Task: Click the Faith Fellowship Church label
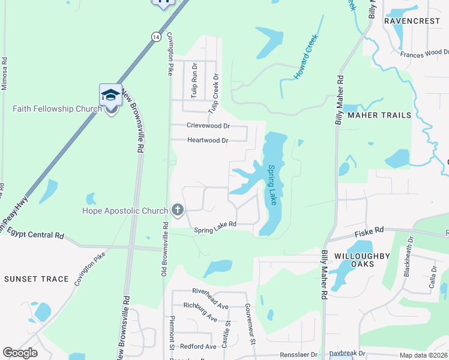click(58, 109)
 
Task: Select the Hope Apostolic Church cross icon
click(177, 209)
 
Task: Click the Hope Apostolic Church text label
click(125, 211)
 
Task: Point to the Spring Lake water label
click(273, 185)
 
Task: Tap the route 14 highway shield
click(156, 37)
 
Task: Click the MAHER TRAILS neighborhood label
click(379, 115)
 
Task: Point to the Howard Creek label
click(306, 58)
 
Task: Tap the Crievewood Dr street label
click(208, 126)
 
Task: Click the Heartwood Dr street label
click(208, 140)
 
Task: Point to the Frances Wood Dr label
click(424, 54)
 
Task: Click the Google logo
click(20, 353)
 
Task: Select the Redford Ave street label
click(198, 347)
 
